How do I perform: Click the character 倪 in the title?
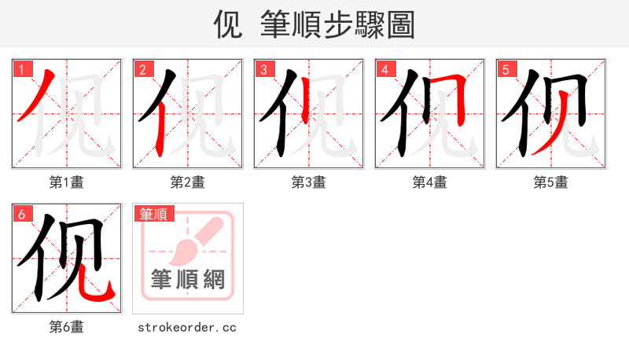pyautogui.click(x=228, y=24)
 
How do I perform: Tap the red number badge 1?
pyautogui.click(x=20, y=69)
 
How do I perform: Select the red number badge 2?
pyautogui.click(x=142, y=69)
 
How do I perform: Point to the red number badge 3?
pyautogui.click(x=263, y=69)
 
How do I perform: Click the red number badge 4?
pyautogui.click(x=384, y=69)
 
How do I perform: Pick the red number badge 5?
pyautogui.click(x=505, y=69)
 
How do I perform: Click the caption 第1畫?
pyautogui.click(x=66, y=182)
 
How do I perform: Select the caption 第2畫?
pyautogui.click(x=187, y=182)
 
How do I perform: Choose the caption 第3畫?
pyautogui.click(x=308, y=182)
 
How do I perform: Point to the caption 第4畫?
pyautogui.click(x=429, y=182)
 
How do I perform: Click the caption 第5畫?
pyautogui.click(x=550, y=182)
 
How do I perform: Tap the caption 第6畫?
pyautogui.click(x=66, y=327)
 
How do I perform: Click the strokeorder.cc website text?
pyautogui.click(x=187, y=327)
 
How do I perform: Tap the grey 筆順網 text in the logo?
pyautogui.click(x=188, y=279)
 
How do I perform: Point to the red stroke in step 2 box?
pyautogui.click(x=160, y=126)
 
